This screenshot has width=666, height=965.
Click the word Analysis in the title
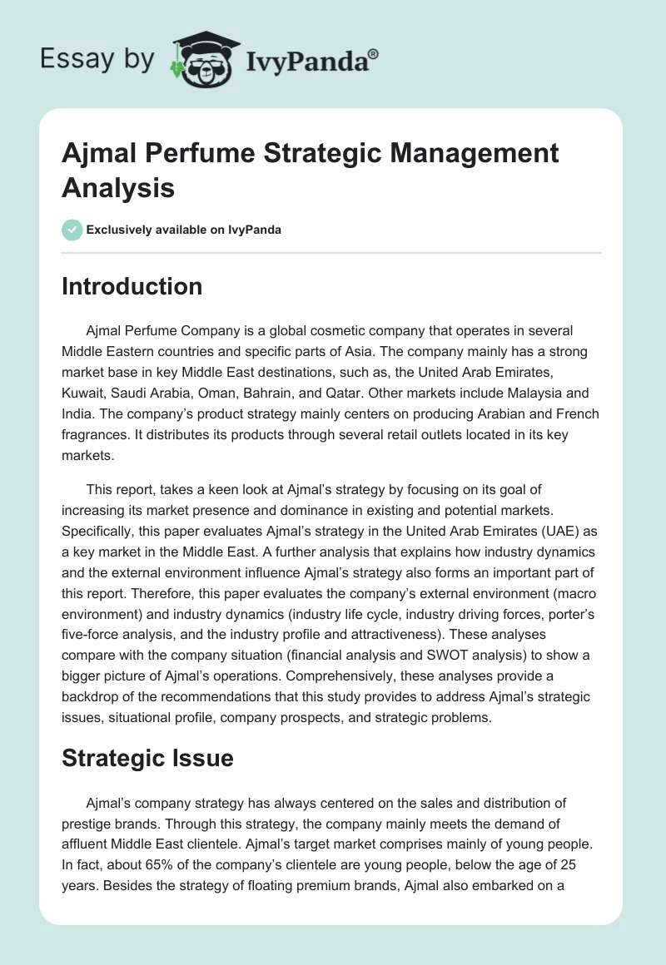point(118,188)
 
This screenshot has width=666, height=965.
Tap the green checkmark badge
point(72,230)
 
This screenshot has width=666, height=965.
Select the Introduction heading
point(132,286)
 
